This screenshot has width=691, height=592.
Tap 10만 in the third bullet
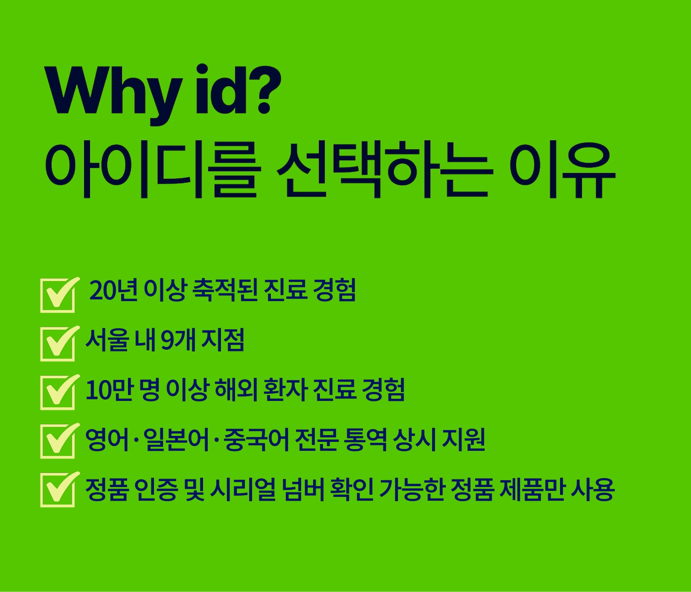point(110,389)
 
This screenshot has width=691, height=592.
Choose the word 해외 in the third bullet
point(236,389)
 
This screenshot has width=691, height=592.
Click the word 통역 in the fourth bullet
point(365,439)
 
